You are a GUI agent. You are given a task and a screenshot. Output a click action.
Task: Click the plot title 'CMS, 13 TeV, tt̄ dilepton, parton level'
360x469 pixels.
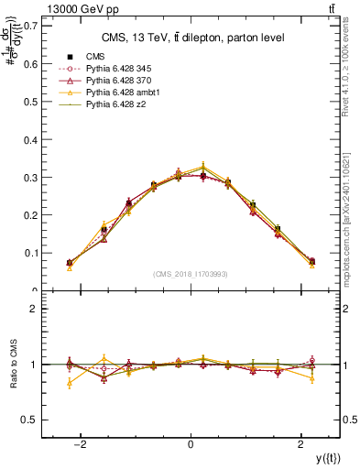(191, 38)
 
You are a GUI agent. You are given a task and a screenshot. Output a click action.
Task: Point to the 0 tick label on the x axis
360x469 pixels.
(191, 445)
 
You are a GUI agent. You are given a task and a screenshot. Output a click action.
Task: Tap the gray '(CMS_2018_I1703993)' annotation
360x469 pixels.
(191, 274)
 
